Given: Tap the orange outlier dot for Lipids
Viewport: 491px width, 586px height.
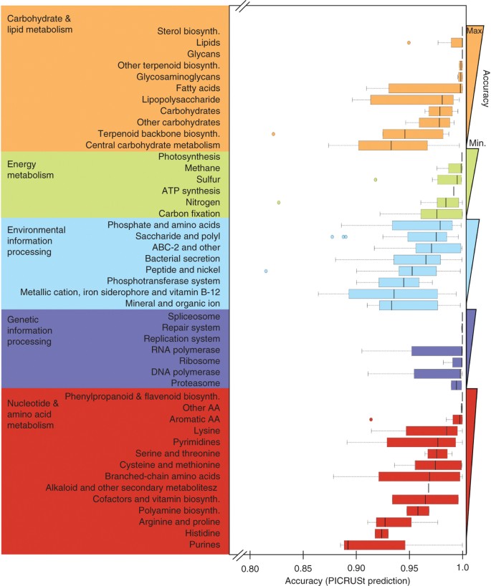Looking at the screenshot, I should tap(409, 42).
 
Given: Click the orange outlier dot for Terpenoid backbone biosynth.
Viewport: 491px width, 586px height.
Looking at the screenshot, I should tap(274, 134).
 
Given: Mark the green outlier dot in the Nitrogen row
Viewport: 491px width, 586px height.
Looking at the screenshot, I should tap(279, 203).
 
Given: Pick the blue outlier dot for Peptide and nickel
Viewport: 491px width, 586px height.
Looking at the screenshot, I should tap(266, 272).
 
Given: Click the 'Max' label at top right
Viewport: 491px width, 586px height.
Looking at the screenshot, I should tap(474, 31).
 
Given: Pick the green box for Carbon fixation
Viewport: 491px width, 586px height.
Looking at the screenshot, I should tap(441, 213).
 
